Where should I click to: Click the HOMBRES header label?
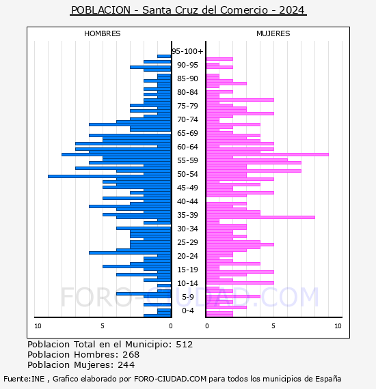pyautogui.click(x=102, y=33)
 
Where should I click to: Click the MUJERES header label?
pyautogui.click(x=273, y=33)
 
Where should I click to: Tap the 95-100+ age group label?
pyautogui.click(x=187, y=51)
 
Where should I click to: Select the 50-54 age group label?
pyautogui.click(x=187, y=174)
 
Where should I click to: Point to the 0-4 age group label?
pyautogui.click(x=187, y=311)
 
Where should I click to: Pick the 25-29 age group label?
pyautogui.click(x=187, y=242)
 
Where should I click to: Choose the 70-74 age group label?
pyautogui.click(x=187, y=119)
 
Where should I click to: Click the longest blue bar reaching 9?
pyautogui.click(x=109, y=176)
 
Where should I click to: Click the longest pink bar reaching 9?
pyautogui.click(x=267, y=154)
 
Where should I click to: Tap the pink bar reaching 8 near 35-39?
pyautogui.click(x=260, y=217)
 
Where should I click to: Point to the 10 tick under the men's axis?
pyautogui.click(x=38, y=326)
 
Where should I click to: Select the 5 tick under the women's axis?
pyautogui.click(x=273, y=326)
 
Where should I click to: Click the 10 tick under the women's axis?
pyautogui.click(x=338, y=326)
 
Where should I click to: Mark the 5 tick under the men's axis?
pyautogui.click(x=103, y=326)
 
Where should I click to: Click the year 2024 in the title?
pyautogui.click(x=292, y=10)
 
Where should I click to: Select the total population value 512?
pyautogui.click(x=185, y=345)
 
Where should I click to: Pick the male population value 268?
pyautogui.click(x=131, y=355)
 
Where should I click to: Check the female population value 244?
pyautogui.click(x=126, y=365)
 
